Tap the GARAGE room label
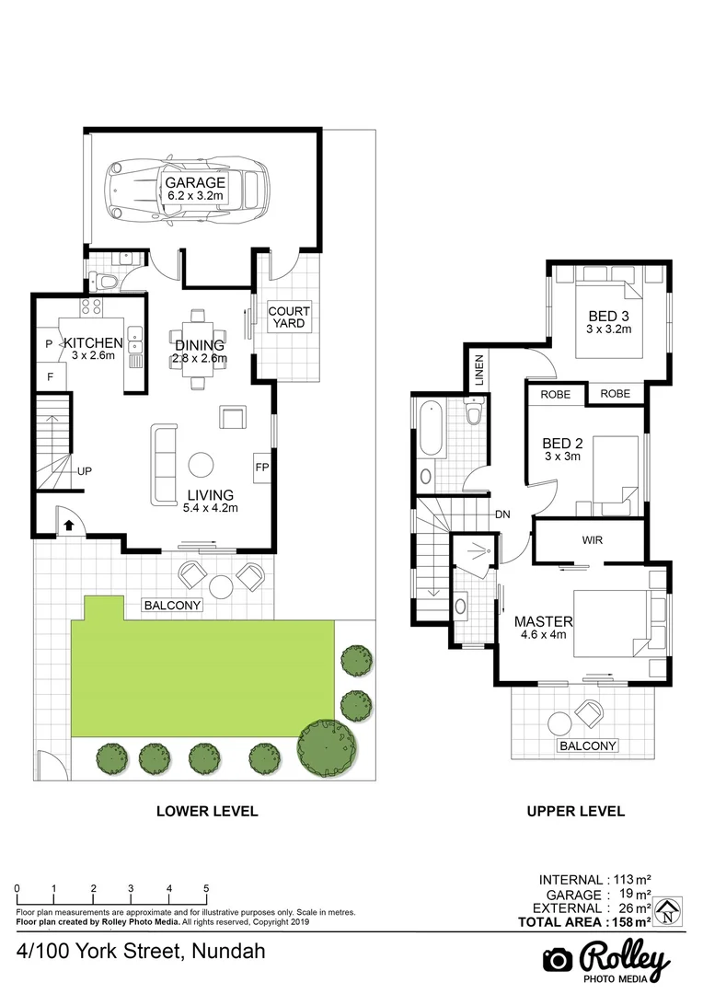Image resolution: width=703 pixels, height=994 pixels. (195, 183)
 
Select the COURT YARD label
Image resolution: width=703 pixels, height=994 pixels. (289, 318)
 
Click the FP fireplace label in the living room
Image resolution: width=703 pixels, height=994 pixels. (262, 467)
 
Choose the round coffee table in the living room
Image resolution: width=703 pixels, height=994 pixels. (202, 463)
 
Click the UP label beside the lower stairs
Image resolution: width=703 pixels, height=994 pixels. (85, 471)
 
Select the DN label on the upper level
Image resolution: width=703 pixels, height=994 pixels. (501, 514)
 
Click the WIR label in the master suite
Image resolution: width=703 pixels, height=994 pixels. (593, 540)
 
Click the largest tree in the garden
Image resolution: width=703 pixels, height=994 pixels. (327, 747)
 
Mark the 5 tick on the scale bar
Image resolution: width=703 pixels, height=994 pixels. (206, 889)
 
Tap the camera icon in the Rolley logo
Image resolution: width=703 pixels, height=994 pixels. (557, 959)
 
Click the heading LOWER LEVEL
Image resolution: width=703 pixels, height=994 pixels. (207, 812)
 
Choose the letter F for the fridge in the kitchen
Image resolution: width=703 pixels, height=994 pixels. (50, 376)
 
